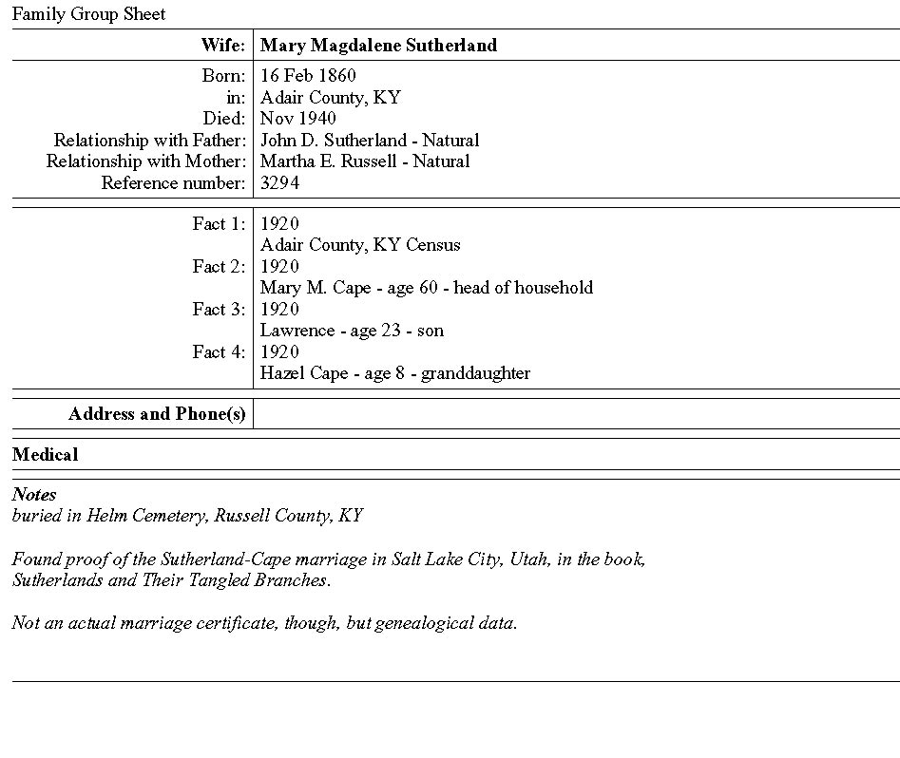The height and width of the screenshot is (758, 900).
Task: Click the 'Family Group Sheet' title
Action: [88, 14]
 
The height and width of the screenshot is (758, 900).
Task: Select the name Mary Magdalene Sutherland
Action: [378, 46]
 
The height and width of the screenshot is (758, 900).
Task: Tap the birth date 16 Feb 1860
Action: [308, 76]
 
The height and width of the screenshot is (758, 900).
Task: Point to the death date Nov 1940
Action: [297, 119]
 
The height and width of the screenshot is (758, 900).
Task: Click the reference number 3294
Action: [279, 183]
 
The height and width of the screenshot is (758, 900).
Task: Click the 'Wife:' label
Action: [222, 46]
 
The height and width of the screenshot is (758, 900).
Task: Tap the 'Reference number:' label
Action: [173, 183]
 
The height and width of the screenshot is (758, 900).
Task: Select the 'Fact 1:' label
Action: [219, 224]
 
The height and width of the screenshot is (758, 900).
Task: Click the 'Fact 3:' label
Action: [219, 310]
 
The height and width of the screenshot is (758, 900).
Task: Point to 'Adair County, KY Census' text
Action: [360, 245]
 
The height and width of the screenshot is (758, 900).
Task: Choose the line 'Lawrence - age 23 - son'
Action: [352, 331]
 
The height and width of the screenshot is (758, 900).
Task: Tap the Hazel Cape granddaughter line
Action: [395, 373]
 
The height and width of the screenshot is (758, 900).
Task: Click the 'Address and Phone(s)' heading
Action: [157, 414]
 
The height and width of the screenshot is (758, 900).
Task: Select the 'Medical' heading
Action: [46, 455]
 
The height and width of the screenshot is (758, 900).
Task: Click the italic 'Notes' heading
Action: [34, 495]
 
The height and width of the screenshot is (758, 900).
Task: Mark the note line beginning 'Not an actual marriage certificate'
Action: [264, 623]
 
